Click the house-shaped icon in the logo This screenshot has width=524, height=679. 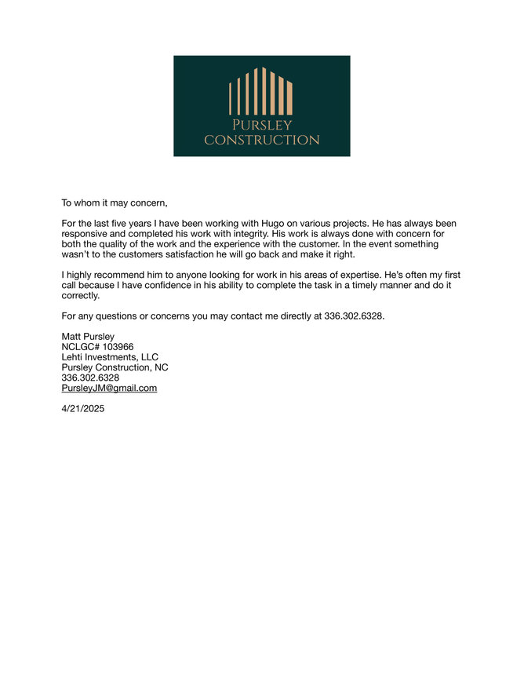261,91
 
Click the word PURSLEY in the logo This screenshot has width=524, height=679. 261,126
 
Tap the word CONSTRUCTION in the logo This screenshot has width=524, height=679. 261,140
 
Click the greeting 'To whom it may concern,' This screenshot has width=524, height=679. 115,203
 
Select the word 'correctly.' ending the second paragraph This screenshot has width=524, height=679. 81,296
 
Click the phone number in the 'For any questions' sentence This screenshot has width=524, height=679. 353,316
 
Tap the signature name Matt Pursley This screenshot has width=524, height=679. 88,337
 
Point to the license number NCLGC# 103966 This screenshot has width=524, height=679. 97,347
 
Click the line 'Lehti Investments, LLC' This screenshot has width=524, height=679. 110,357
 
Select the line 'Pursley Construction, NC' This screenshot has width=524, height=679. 115,367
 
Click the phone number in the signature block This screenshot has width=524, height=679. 90,378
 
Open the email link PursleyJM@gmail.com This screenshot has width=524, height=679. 109,388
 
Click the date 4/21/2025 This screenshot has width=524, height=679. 82,408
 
